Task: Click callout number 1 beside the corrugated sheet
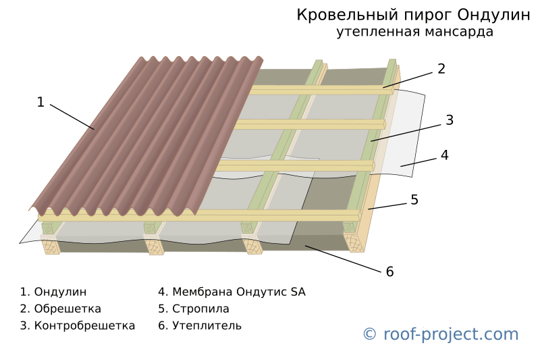tap(40, 102)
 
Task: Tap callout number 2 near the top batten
tap(441, 69)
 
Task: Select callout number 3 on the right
tap(450, 120)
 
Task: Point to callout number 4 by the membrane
tap(445, 155)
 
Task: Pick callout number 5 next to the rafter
tap(414, 200)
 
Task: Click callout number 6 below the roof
tap(389, 272)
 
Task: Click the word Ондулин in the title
tap(494, 15)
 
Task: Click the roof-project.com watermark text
tap(451, 334)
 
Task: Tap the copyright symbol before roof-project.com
tap(369, 334)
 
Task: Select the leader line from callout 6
tap(343, 259)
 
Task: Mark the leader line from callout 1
tap(72, 117)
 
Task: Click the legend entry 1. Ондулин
tap(53, 292)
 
